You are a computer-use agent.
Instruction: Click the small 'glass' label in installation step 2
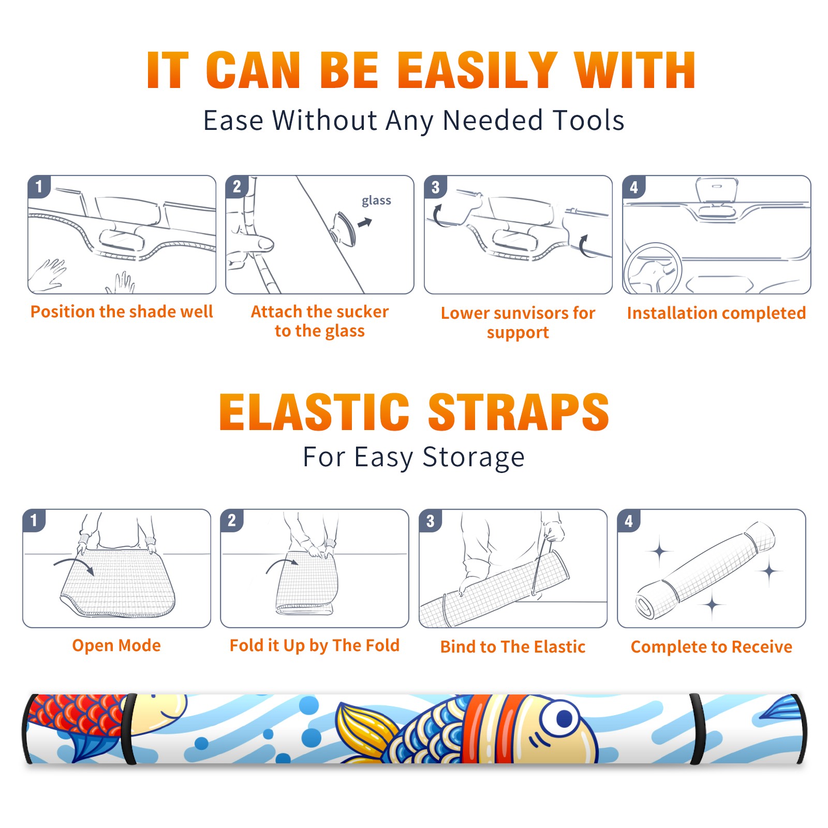tap(376, 201)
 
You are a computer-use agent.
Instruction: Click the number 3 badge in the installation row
tap(435, 187)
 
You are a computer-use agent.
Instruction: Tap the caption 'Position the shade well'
tap(122, 312)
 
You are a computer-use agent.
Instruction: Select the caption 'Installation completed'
tap(716, 313)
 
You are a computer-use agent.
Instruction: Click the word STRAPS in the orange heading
tap(519, 412)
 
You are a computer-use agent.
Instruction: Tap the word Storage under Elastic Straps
tap(474, 457)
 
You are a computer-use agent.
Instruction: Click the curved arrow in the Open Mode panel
tap(74, 566)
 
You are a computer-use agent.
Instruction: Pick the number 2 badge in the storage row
tap(232, 520)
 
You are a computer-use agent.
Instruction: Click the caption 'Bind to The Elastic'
tap(512, 647)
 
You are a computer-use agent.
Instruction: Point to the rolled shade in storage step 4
tap(705, 571)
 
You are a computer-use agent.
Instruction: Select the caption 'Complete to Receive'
tap(712, 647)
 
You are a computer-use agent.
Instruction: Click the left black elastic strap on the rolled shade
tap(129, 729)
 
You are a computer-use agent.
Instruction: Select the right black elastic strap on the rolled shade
tap(698, 729)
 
